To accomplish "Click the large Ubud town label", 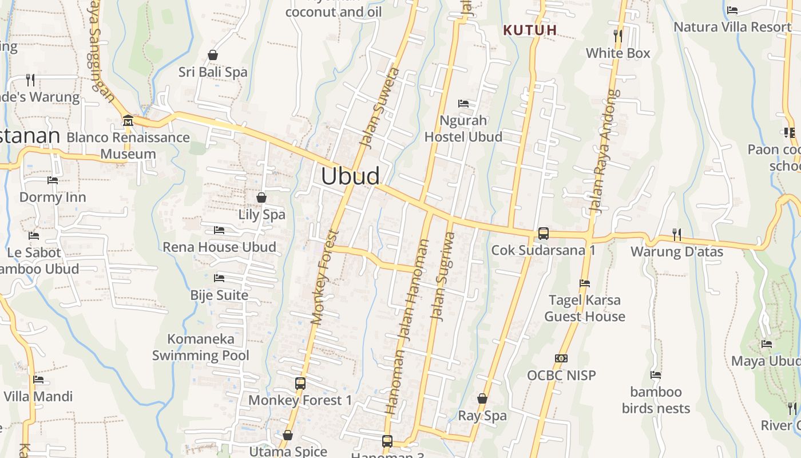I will pos(350,176).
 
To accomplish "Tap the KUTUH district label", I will pos(530,30).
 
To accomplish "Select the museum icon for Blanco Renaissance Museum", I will pos(128,121).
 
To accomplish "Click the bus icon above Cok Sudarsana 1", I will pos(543,234).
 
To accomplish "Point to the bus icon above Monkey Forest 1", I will pos(300,384).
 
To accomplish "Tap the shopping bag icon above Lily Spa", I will pos(261,198).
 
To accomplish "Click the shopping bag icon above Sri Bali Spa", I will pos(213,55).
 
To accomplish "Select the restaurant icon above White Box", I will pos(618,35).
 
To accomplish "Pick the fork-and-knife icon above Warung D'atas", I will pos(677,234).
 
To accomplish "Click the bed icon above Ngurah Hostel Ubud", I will pos(463,104).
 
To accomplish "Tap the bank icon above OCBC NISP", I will pos(561,358).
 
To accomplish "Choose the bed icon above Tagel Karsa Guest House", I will pos(584,283).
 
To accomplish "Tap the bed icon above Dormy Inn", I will pos(53,180).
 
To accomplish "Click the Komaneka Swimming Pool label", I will pos(201,347).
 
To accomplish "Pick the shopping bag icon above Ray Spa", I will pos(482,398).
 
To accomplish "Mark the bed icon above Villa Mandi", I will pos(38,379).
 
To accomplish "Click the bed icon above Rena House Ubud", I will pos(219,230).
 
